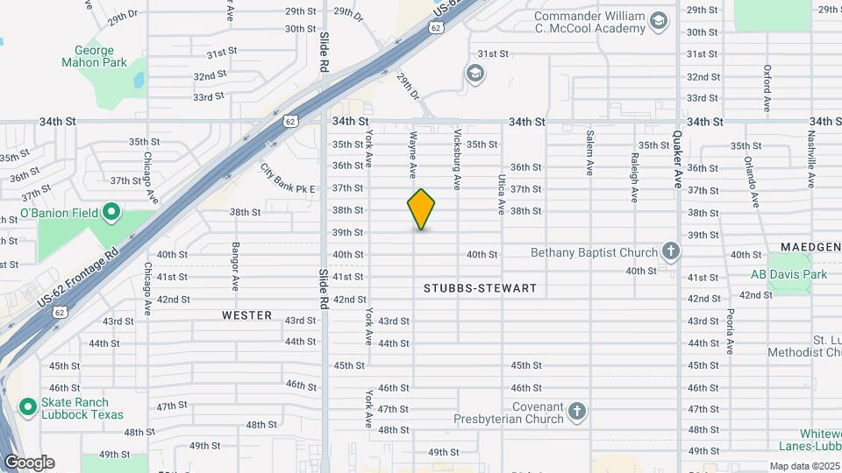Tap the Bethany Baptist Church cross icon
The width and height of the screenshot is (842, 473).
[671, 252]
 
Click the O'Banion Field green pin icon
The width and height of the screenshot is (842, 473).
[111, 212]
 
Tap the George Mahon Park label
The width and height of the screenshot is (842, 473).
[94, 57]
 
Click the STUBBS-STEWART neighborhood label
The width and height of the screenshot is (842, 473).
[480, 288]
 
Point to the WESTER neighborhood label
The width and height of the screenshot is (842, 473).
[246, 315]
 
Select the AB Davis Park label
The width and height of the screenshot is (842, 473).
[788, 275]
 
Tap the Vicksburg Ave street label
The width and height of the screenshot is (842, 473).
[457, 159]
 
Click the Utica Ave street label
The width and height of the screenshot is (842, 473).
[502, 194]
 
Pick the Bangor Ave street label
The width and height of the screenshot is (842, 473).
[235, 267]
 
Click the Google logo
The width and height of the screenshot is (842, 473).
[29, 462]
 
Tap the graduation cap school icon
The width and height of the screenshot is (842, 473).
[475, 73]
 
